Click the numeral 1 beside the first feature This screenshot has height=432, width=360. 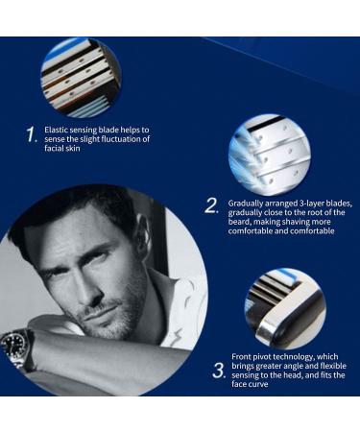point(31,134)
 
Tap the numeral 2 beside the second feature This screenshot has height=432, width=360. point(211,205)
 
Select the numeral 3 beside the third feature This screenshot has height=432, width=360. point(218,369)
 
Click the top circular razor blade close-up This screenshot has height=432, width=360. point(81,77)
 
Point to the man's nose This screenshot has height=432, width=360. point(98,278)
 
